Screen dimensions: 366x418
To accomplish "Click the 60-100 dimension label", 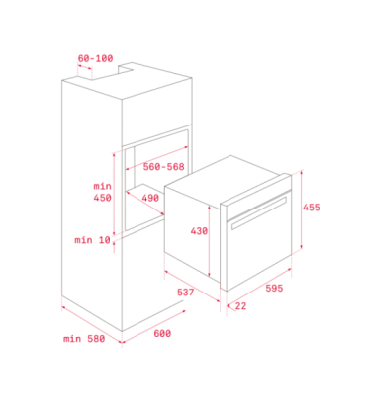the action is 95,58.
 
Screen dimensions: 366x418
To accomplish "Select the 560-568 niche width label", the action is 163,167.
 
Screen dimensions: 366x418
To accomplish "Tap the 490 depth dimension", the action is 150,198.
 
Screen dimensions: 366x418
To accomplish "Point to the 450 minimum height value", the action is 102,198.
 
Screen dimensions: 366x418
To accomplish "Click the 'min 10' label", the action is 92,240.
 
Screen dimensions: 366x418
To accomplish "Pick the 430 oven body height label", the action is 199,231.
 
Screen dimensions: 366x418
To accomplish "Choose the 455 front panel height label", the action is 312,208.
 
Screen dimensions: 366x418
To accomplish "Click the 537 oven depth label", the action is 186,293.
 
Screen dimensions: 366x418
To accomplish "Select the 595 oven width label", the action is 274,289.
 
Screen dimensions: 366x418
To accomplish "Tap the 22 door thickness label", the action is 240,306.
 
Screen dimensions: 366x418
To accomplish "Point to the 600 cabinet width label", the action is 162,334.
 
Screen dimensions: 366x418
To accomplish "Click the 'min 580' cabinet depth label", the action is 84,339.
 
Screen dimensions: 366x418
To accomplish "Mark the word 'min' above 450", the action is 102,186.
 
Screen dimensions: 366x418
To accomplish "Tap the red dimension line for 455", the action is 302,209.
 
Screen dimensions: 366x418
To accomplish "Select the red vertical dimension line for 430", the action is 209,241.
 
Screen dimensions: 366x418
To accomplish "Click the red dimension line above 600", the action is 153,327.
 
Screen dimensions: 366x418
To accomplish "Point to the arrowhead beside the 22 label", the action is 229,305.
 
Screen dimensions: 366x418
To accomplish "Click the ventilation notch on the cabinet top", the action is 126,67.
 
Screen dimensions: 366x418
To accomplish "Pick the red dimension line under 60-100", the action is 85,67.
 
